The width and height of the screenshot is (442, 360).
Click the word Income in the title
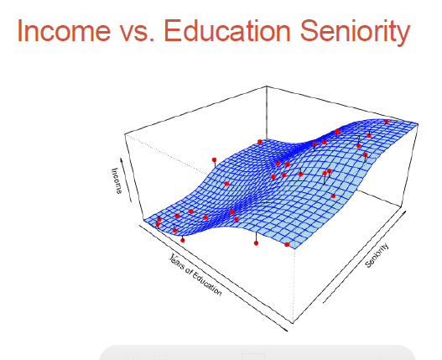coord(64,30)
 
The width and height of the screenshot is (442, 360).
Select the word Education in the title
coord(227,30)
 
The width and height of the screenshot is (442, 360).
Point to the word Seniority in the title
coord(355,32)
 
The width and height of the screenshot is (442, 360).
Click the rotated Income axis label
coord(117,181)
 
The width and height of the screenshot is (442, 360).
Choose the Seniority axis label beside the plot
coord(377,255)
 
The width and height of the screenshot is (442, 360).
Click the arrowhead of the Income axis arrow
coord(122,159)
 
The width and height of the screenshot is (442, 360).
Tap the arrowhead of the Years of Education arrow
coord(286,330)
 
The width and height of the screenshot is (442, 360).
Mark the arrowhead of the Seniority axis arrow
coord(405,211)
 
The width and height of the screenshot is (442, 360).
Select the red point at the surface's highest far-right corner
coord(386,122)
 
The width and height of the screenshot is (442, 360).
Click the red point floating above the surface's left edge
coord(214,160)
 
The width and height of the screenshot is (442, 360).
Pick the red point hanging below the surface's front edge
coord(256,243)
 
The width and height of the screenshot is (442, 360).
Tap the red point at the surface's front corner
coord(287,244)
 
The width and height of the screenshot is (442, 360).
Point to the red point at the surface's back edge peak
coord(260,142)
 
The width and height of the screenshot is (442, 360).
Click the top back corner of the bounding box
coord(267,86)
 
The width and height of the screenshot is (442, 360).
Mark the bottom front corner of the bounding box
coord(293,323)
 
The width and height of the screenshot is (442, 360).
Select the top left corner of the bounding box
coord(125,134)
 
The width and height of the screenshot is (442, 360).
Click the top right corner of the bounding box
coord(418,123)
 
